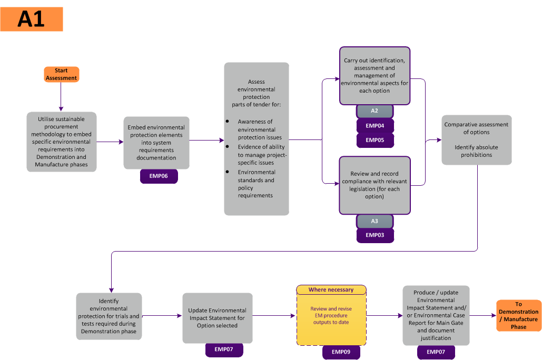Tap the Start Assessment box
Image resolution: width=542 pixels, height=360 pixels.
tap(61, 74)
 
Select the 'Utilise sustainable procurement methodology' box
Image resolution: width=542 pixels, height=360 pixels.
tap(62, 142)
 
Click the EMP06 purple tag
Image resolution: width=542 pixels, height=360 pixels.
tap(159, 176)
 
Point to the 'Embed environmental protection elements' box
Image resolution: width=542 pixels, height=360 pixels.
tap(156, 143)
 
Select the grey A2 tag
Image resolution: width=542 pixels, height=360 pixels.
tap(375, 111)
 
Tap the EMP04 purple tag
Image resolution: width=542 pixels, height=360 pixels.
tap(375, 126)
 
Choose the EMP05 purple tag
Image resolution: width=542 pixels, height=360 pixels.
tap(375, 140)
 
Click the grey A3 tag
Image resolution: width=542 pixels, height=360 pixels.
tap(375, 221)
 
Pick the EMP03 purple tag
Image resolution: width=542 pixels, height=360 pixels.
tap(375, 235)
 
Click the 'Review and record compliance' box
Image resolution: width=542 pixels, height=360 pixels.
tap(375, 185)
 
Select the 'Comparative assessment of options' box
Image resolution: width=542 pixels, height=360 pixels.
tap(476, 140)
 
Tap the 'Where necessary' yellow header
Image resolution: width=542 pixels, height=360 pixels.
tap(331, 290)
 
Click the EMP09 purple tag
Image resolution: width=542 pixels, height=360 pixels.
tap(341, 352)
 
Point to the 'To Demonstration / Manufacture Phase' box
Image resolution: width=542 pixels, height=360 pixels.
tap(518, 315)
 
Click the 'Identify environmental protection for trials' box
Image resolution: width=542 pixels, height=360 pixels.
tap(109, 316)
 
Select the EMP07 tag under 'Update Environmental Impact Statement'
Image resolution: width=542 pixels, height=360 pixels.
tap(224, 349)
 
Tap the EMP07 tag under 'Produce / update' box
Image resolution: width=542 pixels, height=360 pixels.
tap(436, 352)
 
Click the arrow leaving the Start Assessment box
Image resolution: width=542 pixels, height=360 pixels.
tap(61, 97)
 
